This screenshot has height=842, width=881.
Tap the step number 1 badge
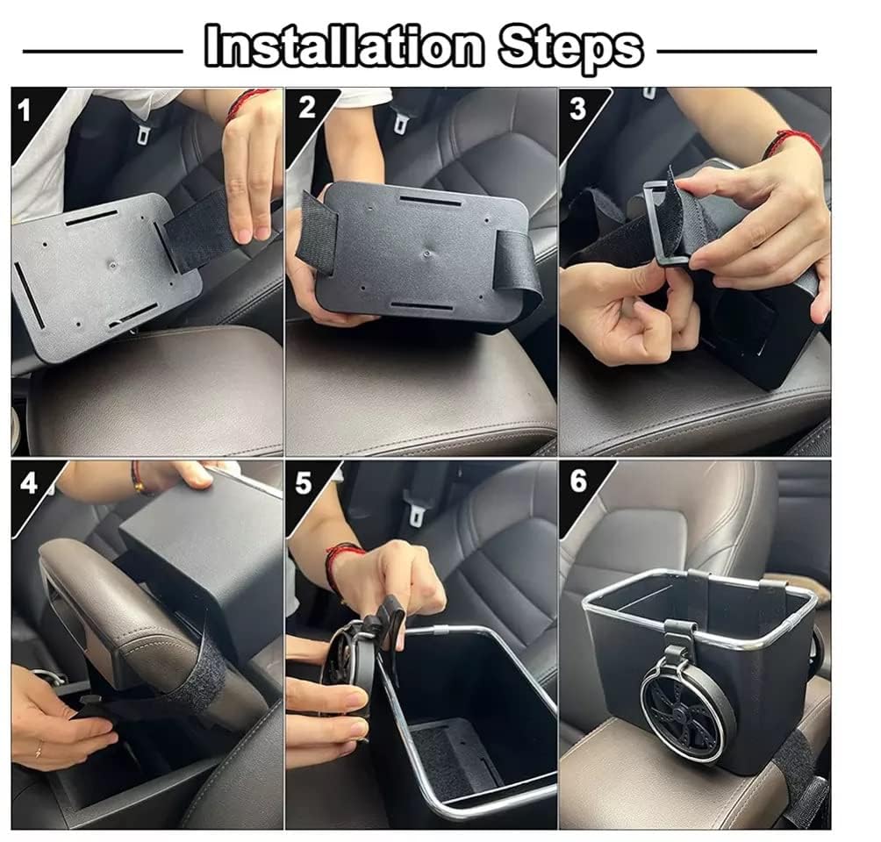(25, 109)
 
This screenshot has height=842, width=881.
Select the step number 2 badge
(306, 108)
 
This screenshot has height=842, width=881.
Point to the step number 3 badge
(577, 109)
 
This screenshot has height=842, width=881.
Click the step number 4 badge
(30, 482)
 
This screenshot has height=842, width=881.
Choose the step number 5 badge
(304, 483)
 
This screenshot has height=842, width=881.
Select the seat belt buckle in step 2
(400, 121)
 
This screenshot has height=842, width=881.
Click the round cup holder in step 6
(690, 710)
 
